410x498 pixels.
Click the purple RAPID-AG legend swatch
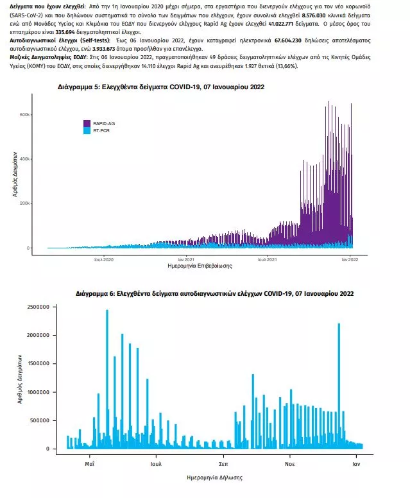point(87,122)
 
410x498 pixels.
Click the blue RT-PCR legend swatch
point(87,130)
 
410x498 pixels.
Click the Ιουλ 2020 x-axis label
point(103,259)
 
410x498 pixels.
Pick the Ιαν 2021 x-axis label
point(186,259)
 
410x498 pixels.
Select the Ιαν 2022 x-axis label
point(350,259)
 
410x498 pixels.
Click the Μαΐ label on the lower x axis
point(90,463)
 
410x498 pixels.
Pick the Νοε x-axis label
point(290,463)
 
